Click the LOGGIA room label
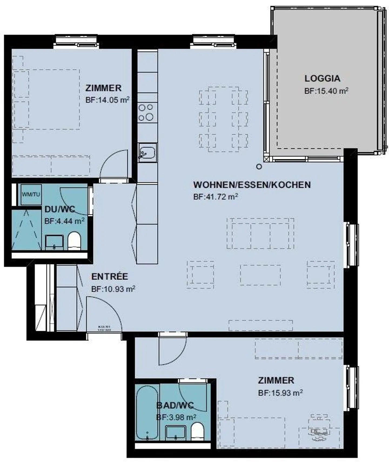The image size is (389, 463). click(x=322, y=79)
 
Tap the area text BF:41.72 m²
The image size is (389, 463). click(x=215, y=197)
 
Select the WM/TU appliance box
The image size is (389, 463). click(x=31, y=194)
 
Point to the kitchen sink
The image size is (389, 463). click(x=147, y=152)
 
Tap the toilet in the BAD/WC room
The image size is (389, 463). click(x=197, y=431)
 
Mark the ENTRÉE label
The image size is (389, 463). click(x=109, y=277)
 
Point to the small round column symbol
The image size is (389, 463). click(x=259, y=167)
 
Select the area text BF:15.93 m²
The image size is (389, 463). click(x=280, y=393)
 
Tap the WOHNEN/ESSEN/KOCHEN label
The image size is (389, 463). click(x=252, y=185)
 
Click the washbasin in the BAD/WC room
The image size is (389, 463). click(x=176, y=433)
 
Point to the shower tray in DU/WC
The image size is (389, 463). click(x=26, y=229)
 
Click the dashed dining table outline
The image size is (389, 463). click(x=223, y=119)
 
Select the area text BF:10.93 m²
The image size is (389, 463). click(x=113, y=289)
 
